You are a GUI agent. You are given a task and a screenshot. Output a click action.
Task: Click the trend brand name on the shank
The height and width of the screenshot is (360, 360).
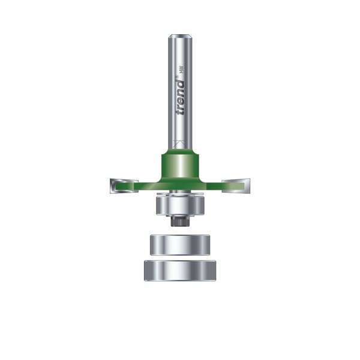[x=180, y=97]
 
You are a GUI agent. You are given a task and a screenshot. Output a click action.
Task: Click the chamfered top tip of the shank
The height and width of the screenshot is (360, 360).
[x=180, y=37]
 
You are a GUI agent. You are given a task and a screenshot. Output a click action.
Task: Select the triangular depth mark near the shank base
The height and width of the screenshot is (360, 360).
[x=180, y=143]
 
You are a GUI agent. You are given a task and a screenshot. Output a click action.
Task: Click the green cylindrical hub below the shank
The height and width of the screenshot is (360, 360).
[x=180, y=167]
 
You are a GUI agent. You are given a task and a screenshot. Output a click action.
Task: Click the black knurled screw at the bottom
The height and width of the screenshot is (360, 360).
[x=180, y=221]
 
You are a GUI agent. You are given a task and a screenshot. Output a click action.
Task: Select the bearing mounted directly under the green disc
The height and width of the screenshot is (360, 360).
[x=180, y=205]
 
